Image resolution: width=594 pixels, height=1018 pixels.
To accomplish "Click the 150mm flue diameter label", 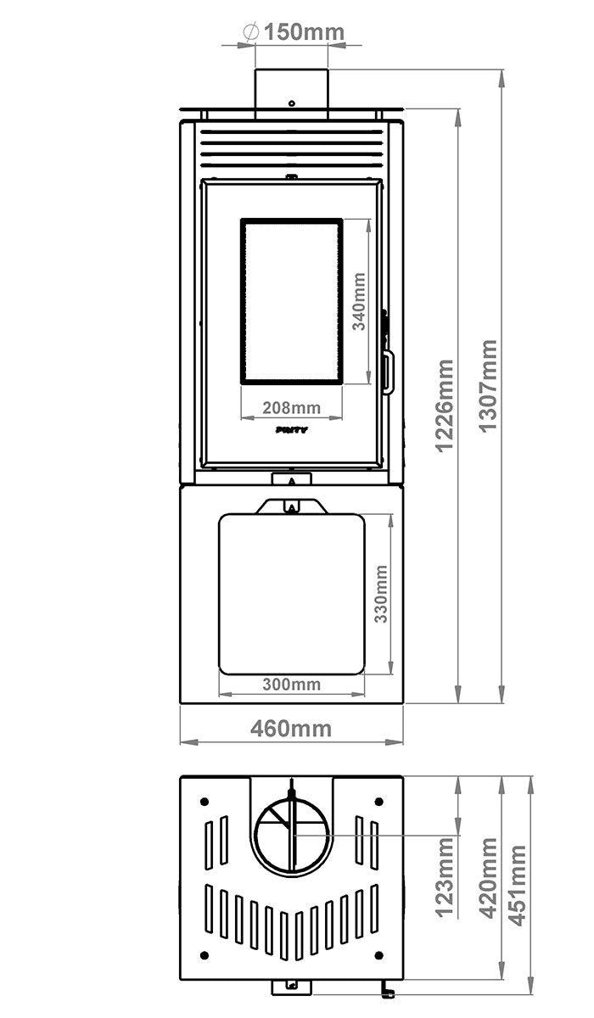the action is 304,32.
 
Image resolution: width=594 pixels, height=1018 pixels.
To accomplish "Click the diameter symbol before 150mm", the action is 251,32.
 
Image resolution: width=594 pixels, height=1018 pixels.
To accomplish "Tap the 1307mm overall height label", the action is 489,386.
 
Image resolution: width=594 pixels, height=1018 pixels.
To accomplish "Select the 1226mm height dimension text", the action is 445,406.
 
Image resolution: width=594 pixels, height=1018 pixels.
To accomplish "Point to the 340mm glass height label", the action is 359,301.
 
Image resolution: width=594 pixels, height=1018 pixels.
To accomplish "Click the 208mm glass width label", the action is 291,408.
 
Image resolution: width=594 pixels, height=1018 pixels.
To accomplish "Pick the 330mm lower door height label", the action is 381,594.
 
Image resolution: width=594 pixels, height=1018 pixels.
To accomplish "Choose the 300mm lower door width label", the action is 291,684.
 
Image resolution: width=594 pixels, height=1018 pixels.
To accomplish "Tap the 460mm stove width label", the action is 291,729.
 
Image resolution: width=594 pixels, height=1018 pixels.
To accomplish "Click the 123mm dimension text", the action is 445,878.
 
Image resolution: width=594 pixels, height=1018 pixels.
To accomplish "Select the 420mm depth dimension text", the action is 489,878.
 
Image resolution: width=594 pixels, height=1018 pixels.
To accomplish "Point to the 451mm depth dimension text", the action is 517,886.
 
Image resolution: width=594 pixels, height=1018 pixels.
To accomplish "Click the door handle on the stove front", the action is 387,371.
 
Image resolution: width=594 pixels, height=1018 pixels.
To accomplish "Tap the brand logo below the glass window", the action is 291,429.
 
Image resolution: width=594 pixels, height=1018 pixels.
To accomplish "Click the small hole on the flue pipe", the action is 292,103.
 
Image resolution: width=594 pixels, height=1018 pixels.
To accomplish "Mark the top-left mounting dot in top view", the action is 204,801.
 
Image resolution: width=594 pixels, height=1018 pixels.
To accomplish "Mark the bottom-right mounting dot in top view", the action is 379,955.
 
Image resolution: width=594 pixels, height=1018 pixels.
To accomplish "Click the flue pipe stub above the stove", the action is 291,94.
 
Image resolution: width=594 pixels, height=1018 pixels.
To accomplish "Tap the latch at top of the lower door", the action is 292,506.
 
